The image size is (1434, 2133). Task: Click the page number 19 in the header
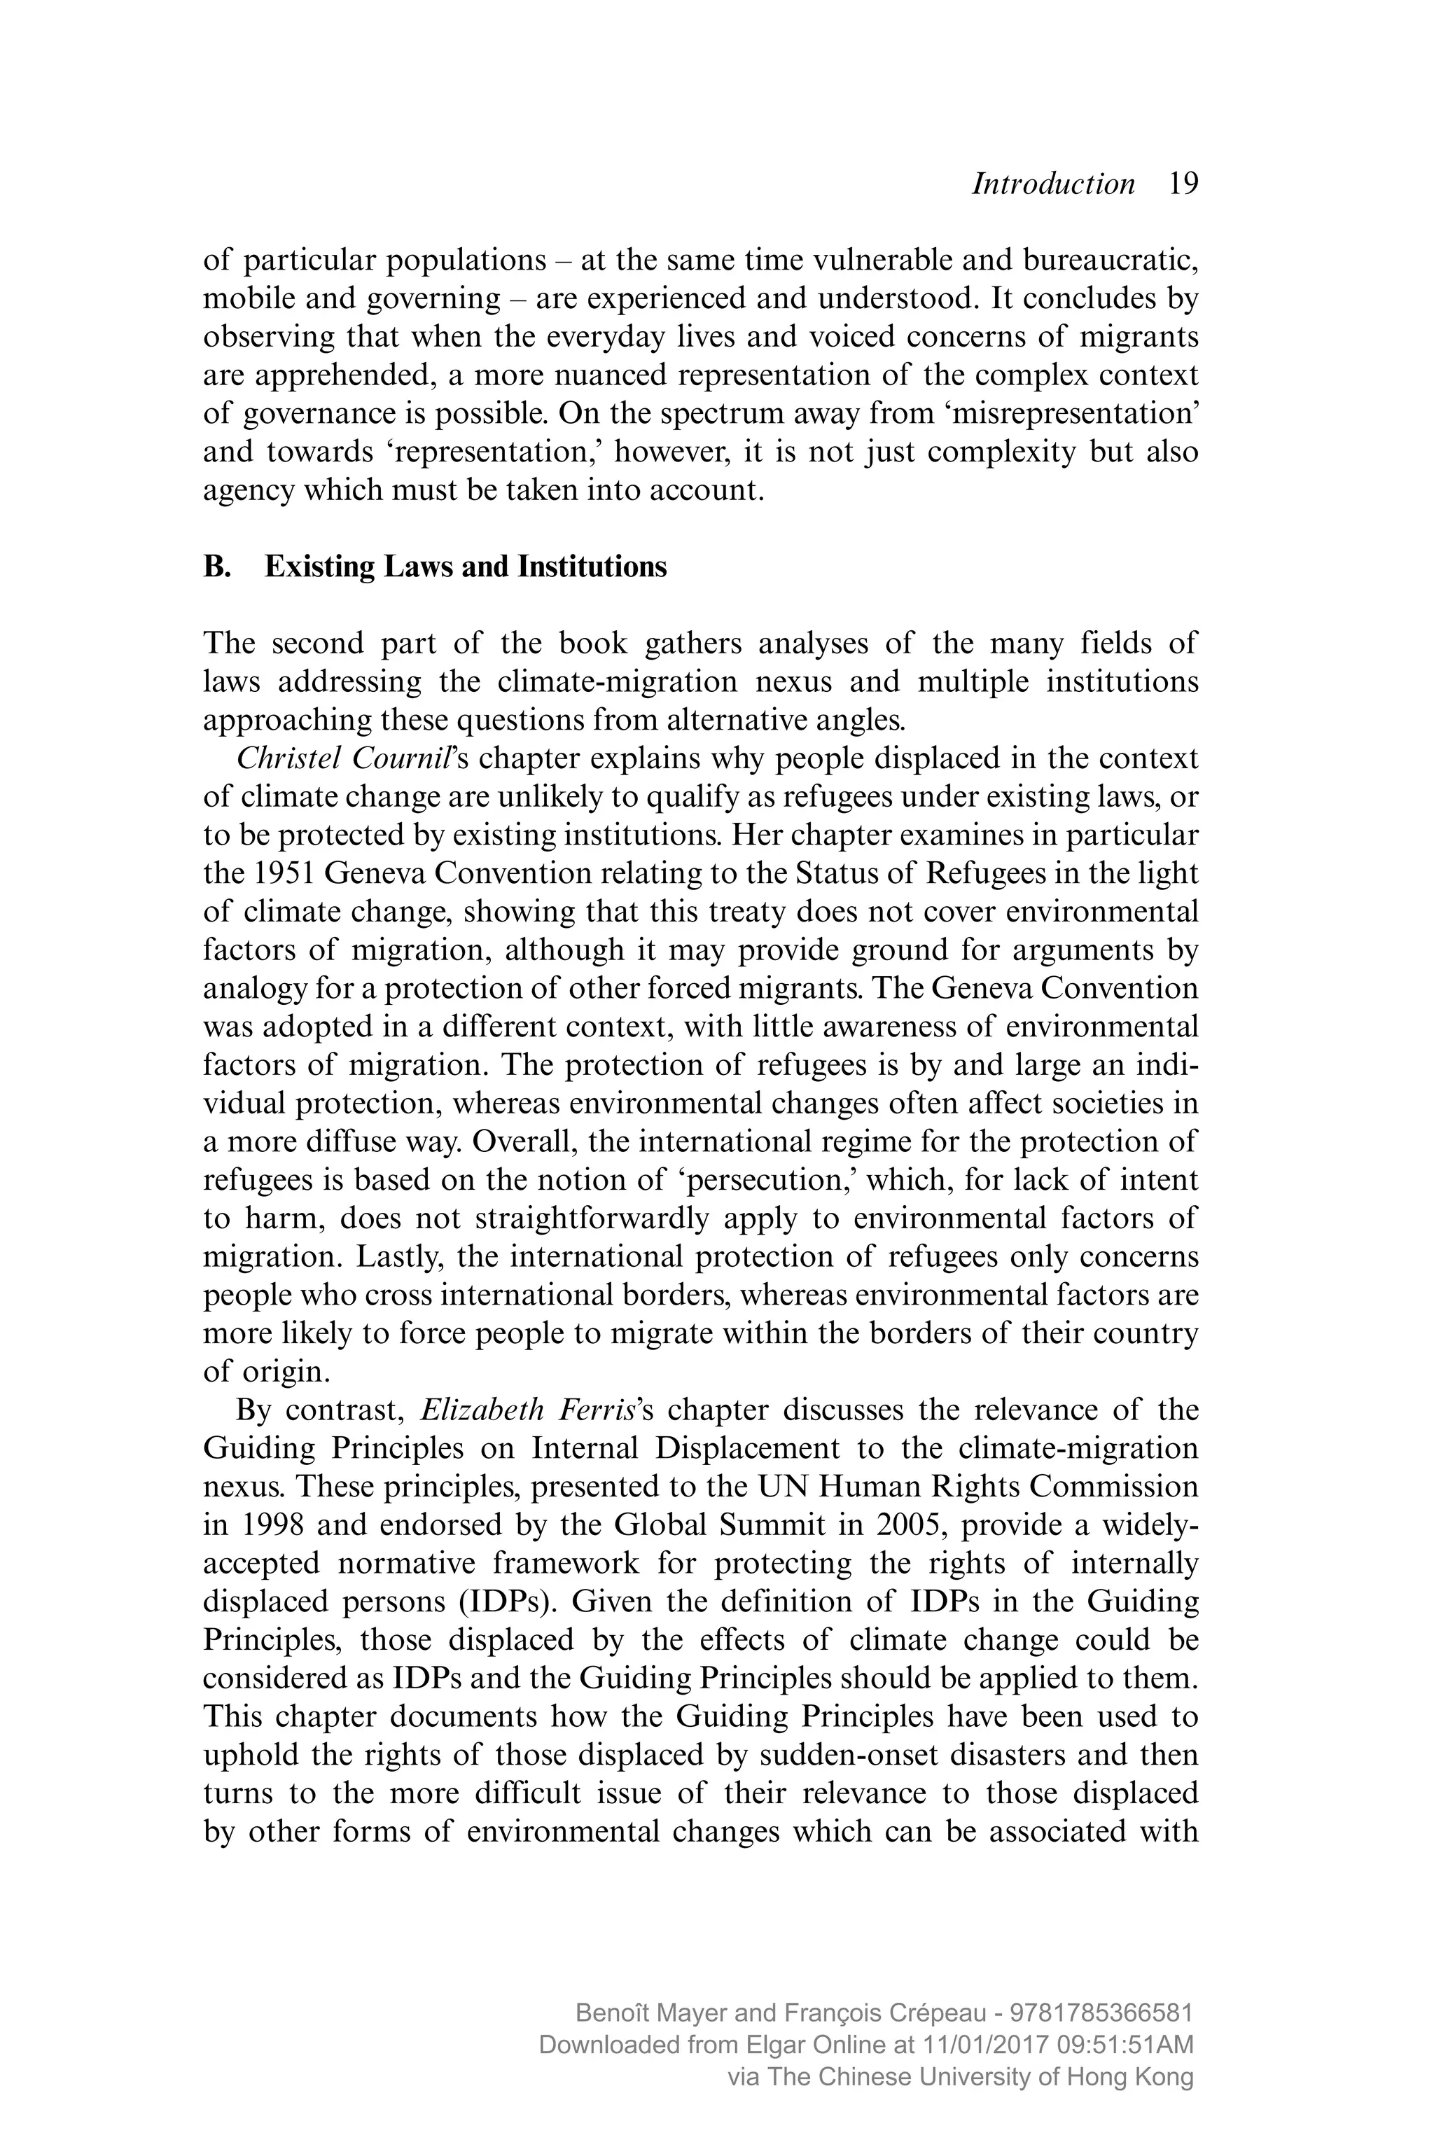pos(1183,184)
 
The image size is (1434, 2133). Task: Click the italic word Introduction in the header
pos(1052,184)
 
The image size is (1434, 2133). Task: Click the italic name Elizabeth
pos(481,1410)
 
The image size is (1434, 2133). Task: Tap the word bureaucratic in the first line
pos(1108,260)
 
